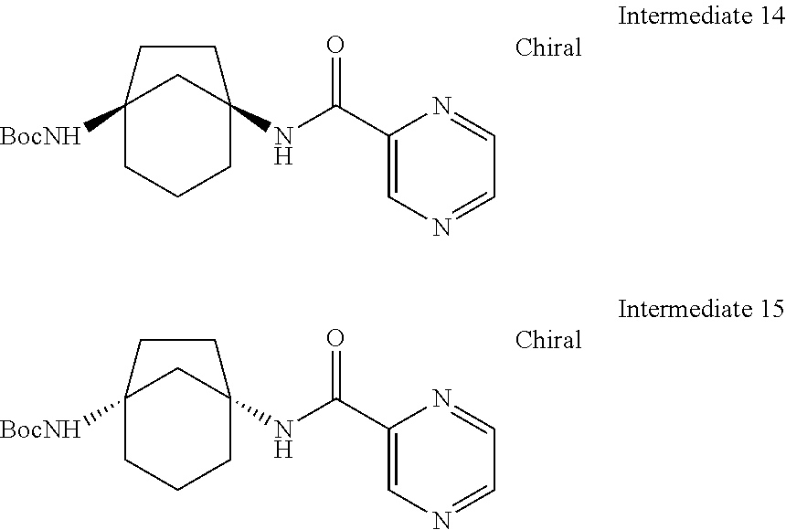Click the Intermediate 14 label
click(700, 16)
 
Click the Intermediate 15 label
click(700, 308)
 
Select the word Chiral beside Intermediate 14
click(548, 48)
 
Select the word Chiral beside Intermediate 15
click(548, 340)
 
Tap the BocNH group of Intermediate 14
click(40, 137)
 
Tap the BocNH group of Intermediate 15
click(40, 429)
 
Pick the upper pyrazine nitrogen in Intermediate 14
click(442, 108)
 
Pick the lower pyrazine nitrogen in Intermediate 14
click(442, 227)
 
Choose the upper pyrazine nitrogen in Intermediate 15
click(442, 399)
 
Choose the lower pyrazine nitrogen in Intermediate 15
click(442, 519)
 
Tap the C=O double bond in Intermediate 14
click(335, 82)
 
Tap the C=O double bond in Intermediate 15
click(335, 375)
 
